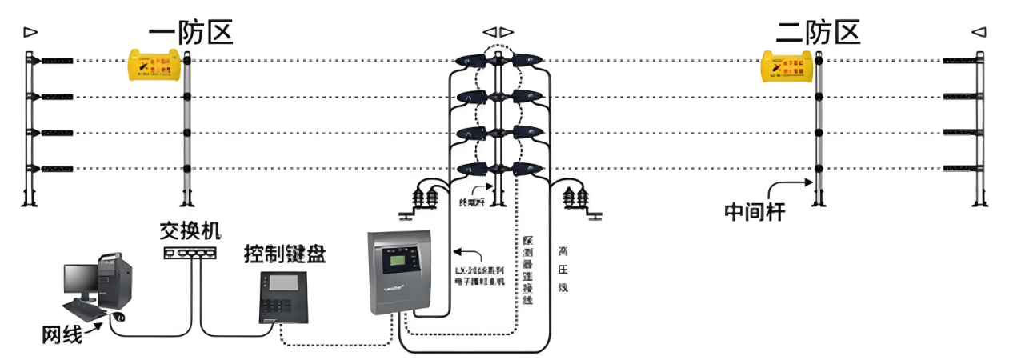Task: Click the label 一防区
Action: tap(190, 32)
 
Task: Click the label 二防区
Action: tap(818, 32)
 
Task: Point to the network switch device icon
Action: tap(190, 253)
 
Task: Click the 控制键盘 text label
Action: tap(285, 255)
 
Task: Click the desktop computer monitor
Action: tap(81, 280)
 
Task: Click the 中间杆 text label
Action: tap(754, 211)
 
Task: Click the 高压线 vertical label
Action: tap(563, 273)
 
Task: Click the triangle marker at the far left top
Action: tap(30, 32)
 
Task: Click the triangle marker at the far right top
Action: tap(979, 32)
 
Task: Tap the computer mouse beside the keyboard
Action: tap(119, 317)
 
